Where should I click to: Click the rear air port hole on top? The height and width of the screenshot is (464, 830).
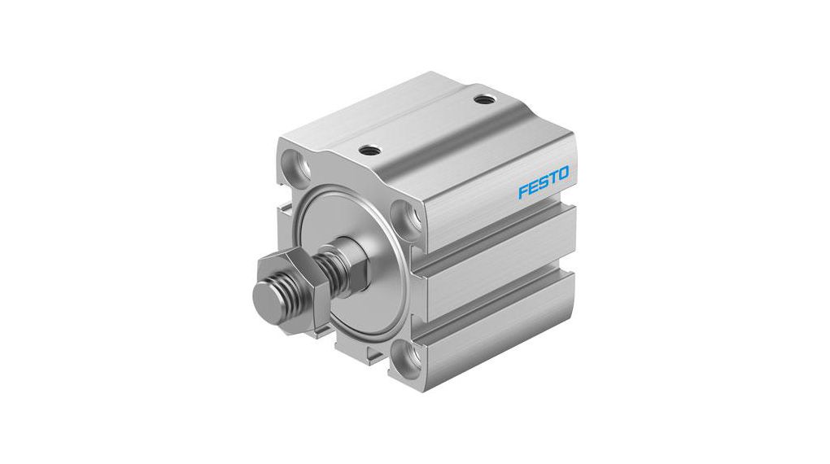[486, 99]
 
